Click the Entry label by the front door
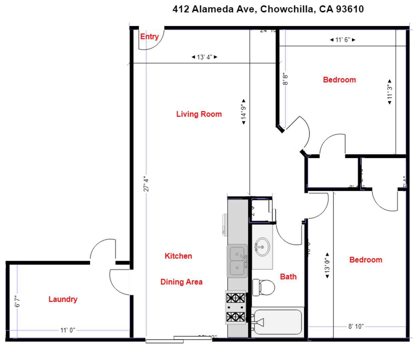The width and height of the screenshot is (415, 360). pyautogui.click(x=149, y=37)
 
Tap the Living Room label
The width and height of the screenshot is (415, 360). pyautogui.click(x=199, y=114)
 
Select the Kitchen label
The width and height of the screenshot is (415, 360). pyautogui.click(x=178, y=256)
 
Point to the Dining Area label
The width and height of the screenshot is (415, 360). pyautogui.click(x=181, y=282)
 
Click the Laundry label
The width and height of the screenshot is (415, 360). pyautogui.click(x=63, y=299)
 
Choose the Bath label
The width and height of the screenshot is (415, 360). pyautogui.click(x=288, y=277)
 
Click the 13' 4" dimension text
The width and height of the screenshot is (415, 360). pyautogui.click(x=204, y=57)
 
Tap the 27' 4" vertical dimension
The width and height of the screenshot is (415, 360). pyautogui.click(x=146, y=184)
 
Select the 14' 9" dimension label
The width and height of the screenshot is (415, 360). pyautogui.click(x=244, y=112)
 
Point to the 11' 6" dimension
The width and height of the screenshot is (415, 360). pyautogui.click(x=343, y=40)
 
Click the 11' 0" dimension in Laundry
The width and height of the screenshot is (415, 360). pyautogui.click(x=68, y=330)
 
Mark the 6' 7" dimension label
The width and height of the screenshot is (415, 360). pyautogui.click(x=17, y=301)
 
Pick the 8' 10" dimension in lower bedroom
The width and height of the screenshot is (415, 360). pyautogui.click(x=356, y=326)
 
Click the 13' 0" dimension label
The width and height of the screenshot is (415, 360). pyautogui.click(x=327, y=266)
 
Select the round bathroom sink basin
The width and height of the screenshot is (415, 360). pyautogui.click(x=262, y=247)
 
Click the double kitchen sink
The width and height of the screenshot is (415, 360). pyautogui.click(x=237, y=261)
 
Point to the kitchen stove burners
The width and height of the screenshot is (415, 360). pyautogui.click(x=236, y=307)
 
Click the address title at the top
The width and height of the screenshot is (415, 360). pyautogui.click(x=268, y=9)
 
